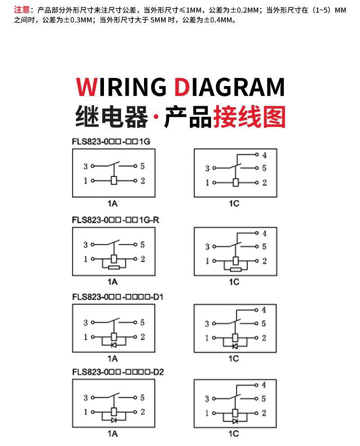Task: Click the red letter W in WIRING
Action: coord(87,87)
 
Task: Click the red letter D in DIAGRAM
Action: coord(182,87)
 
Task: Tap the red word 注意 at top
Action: coord(22,9)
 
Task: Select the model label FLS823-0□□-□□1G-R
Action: coord(115,220)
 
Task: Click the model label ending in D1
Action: coord(117,297)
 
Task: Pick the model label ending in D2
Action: coord(118,372)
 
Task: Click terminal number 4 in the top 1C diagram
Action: coord(265,155)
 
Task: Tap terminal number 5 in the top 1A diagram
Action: coord(142,166)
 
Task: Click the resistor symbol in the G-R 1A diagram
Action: coord(114,267)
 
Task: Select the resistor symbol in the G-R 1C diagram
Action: coord(235,269)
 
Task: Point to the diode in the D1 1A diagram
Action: coord(114,345)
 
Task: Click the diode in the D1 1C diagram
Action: coord(235,346)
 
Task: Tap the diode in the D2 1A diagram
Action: coord(114,420)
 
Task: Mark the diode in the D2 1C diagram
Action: coord(235,421)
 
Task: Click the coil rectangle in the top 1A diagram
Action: coord(114,180)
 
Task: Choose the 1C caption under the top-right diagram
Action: coord(234,203)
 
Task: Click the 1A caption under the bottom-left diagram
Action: coord(112,433)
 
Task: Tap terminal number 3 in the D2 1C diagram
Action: coord(207,399)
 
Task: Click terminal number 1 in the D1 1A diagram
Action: coord(85,337)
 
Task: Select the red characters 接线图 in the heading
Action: coord(249,117)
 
